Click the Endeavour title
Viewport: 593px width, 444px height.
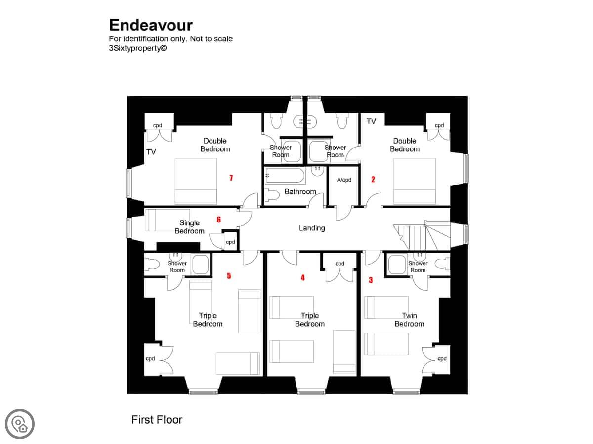click(x=151, y=25)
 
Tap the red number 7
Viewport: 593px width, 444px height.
click(x=231, y=178)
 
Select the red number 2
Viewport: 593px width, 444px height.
click(x=373, y=179)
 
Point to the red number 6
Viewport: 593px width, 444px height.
click(x=219, y=220)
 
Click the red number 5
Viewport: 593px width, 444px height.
click(x=229, y=275)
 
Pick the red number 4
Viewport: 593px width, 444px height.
click(x=303, y=277)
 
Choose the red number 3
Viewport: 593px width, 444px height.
click(x=371, y=280)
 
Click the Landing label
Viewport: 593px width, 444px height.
click(x=312, y=228)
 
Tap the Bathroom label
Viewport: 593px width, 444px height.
click(x=300, y=192)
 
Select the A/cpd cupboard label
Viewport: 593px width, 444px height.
click(x=344, y=180)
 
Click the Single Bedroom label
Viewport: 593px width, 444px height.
click(x=189, y=227)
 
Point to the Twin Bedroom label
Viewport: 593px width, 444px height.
click(x=409, y=320)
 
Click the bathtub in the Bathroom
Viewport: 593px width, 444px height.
click(x=285, y=176)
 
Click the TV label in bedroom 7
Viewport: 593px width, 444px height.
click(x=151, y=152)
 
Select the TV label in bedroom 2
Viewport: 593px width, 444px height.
click(x=371, y=121)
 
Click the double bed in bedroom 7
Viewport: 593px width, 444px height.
click(x=196, y=181)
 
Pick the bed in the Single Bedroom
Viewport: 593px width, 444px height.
click(x=168, y=220)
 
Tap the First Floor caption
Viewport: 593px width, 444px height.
click(x=157, y=420)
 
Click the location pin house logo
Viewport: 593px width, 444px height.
click(x=20, y=424)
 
